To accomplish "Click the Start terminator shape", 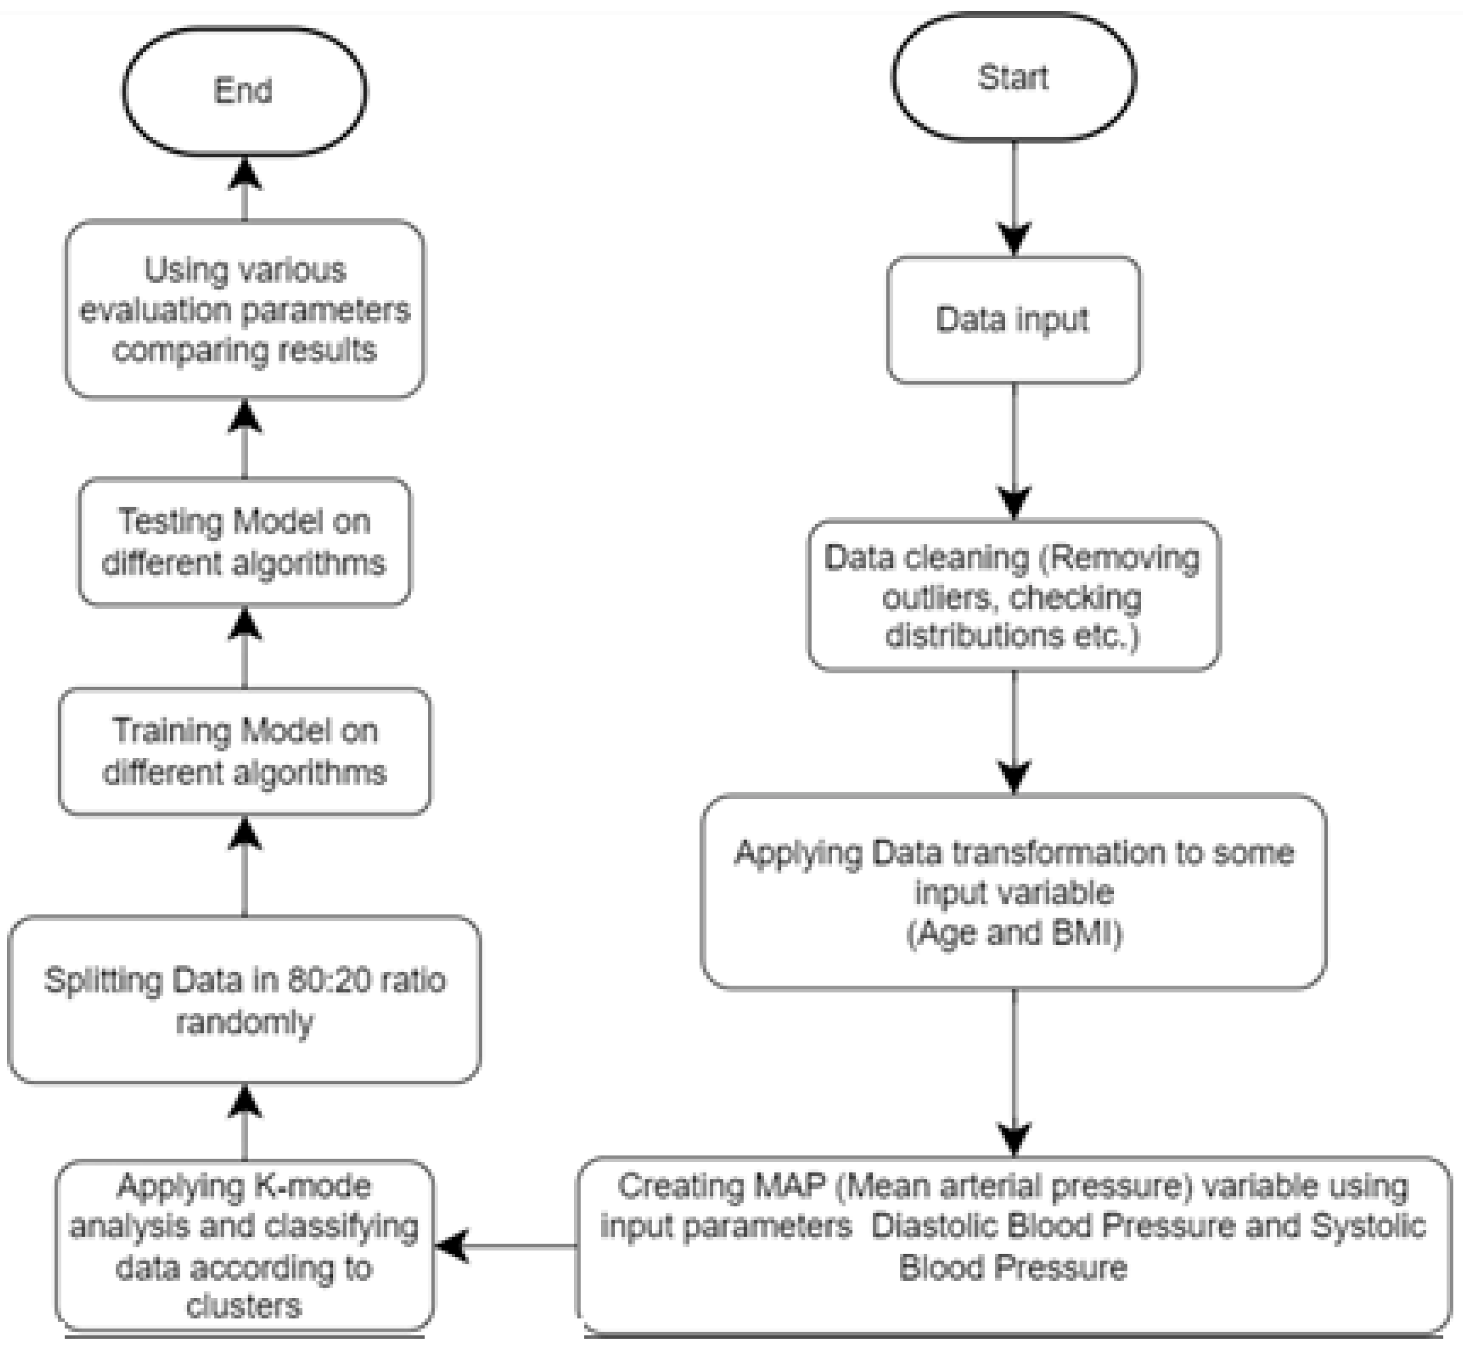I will click(x=1013, y=77).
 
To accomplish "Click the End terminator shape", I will click(x=244, y=91).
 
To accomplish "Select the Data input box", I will click(x=1013, y=320).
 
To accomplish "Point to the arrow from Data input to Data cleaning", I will click(x=1014, y=445).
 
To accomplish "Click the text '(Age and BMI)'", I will click(x=1014, y=934).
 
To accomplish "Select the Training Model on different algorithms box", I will click(x=244, y=752).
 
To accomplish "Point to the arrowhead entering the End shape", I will click(x=244, y=175).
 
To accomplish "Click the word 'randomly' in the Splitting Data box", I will click(x=244, y=1022).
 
